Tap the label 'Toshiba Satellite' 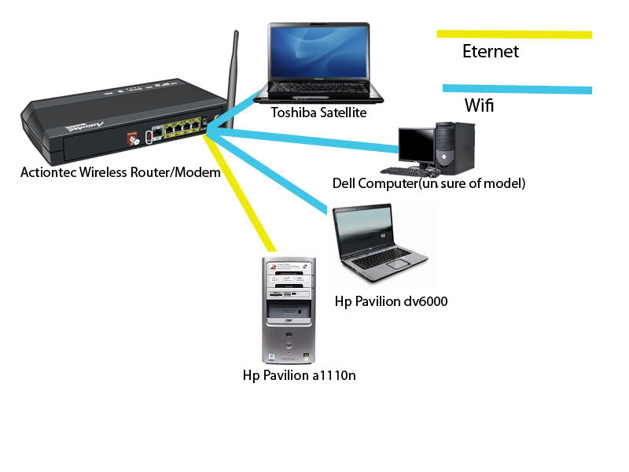pos(318,112)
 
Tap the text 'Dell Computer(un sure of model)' pos(429,183)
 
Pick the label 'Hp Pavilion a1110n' pos(300,375)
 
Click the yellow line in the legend pos(514,34)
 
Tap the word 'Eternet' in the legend pos(491,52)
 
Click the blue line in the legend pos(517,89)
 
